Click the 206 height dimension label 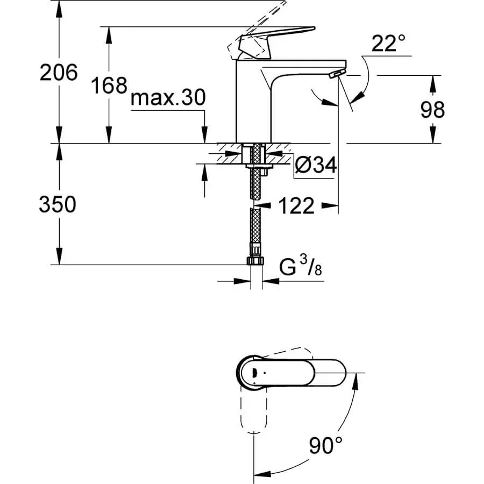click(x=59, y=73)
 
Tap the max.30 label click(x=168, y=97)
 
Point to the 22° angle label click(x=388, y=43)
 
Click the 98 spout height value click(x=432, y=109)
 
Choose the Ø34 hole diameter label click(x=316, y=165)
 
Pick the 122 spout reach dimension click(x=296, y=205)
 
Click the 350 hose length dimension click(x=58, y=204)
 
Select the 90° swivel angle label click(x=326, y=445)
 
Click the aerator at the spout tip click(x=337, y=74)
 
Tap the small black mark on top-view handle click(x=254, y=373)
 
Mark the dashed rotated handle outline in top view click(x=253, y=409)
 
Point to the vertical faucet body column click(x=253, y=102)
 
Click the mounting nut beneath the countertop click(x=259, y=167)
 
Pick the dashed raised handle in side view click(x=256, y=31)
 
